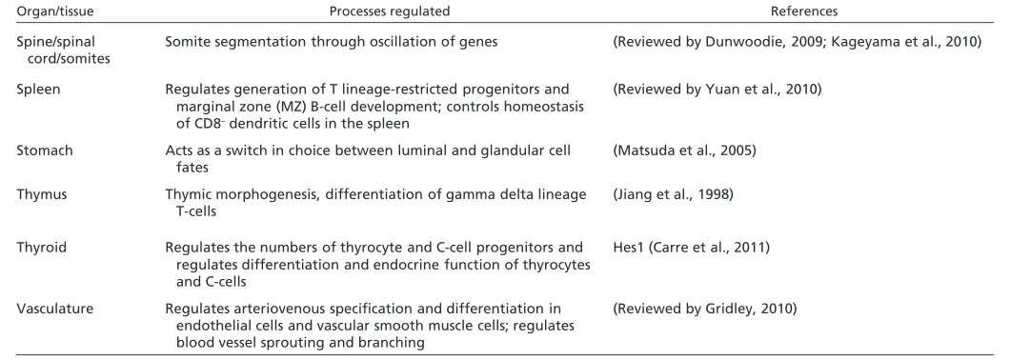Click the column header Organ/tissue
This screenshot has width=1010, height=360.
point(50,11)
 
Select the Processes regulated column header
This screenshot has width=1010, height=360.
point(389,11)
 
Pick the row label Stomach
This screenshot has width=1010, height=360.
point(45,150)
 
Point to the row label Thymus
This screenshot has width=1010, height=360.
point(42,195)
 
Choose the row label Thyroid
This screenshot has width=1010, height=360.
point(41,248)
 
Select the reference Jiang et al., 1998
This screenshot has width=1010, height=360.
point(673,195)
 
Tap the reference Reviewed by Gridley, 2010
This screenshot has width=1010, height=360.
point(705,310)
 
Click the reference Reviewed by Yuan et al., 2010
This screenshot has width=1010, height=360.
point(717,90)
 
